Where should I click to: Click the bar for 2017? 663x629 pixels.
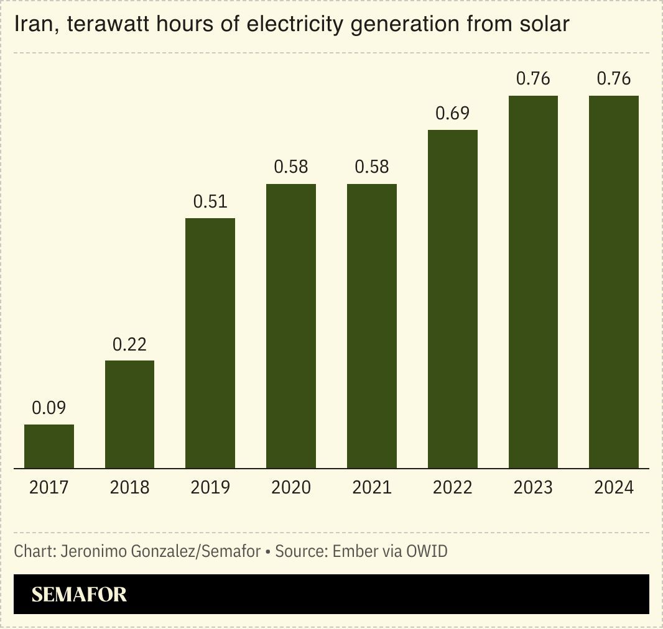tap(49, 446)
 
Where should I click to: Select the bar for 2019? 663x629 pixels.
tap(210, 343)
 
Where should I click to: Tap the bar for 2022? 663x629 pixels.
tap(453, 299)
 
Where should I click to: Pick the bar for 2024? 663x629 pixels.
tap(614, 282)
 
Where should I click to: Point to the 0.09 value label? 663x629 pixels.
tap(49, 408)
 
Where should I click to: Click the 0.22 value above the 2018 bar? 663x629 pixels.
tap(129, 344)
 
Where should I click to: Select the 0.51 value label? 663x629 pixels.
tap(210, 201)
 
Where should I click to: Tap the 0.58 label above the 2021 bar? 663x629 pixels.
tap(372, 167)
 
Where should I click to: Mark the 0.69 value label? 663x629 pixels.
tap(453, 113)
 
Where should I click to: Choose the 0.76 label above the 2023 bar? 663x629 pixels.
tap(533, 78)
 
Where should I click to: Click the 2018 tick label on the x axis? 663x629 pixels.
tap(129, 487)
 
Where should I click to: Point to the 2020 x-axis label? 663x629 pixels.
tap(291, 487)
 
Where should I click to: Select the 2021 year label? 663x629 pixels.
tap(372, 487)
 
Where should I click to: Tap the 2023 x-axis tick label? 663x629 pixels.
tap(533, 487)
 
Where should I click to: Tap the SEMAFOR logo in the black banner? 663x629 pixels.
tap(79, 594)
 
